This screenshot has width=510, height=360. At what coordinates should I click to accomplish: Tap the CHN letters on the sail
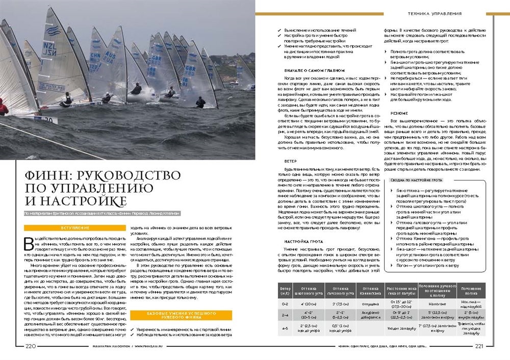(95, 55)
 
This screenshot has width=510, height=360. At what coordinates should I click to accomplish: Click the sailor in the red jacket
(3, 107)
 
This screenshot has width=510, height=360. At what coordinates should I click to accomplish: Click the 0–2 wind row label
(285, 303)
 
